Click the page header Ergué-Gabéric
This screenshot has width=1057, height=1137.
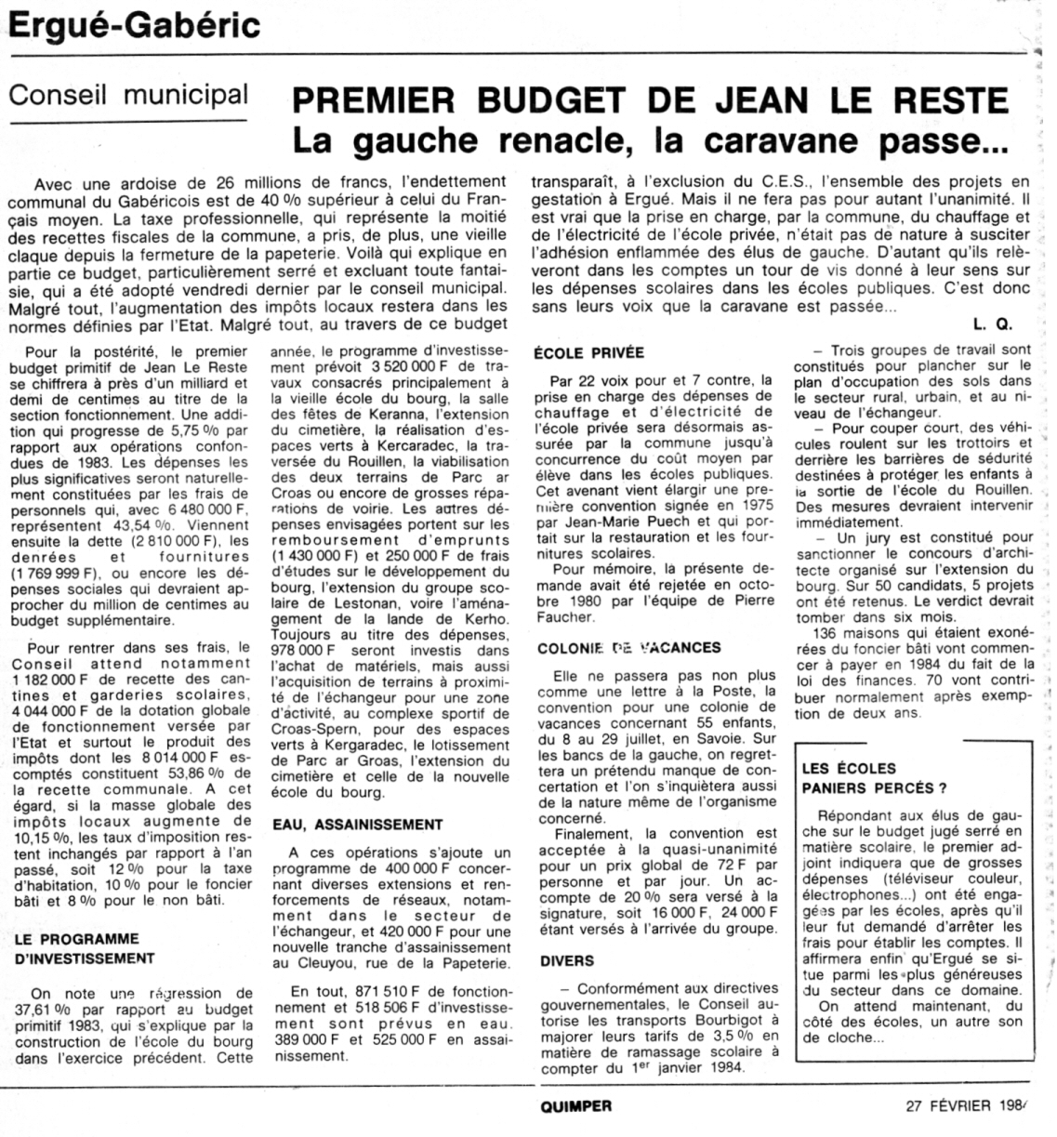[133, 26]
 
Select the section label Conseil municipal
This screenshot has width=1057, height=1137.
[127, 96]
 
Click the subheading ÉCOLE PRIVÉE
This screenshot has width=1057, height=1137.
[590, 353]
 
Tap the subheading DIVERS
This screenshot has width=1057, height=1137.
[567, 961]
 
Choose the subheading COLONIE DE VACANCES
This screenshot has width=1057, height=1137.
[628, 649]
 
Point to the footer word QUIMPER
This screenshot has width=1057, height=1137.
[575, 1106]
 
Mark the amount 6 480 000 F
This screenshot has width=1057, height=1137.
[205, 510]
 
